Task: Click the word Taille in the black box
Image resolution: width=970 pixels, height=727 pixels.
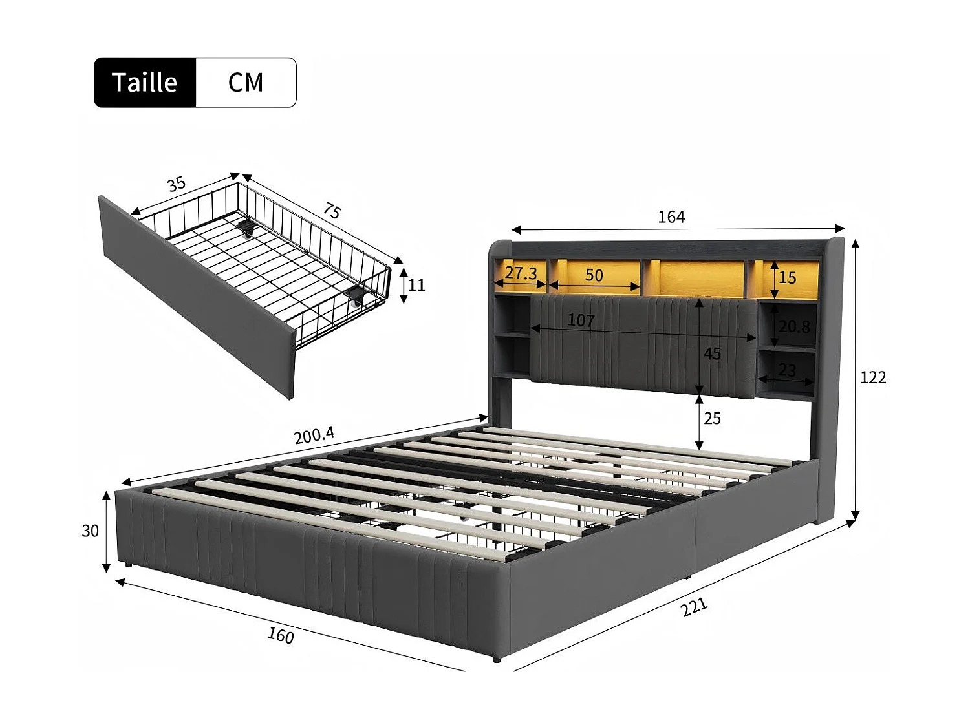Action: click(x=144, y=83)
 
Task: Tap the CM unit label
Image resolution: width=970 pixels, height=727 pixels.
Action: click(x=246, y=83)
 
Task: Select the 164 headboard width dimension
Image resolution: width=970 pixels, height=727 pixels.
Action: click(x=671, y=216)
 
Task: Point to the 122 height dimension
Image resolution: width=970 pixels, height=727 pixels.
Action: click(x=873, y=377)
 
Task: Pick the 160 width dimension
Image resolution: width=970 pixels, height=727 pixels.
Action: click(x=281, y=636)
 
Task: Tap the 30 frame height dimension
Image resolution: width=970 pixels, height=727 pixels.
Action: click(x=90, y=531)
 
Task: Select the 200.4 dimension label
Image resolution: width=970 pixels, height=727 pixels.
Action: click(x=314, y=436)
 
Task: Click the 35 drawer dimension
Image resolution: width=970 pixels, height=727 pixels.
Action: click(x=177, y=184)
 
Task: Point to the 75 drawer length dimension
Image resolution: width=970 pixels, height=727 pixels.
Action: click(x=332, y=211)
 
